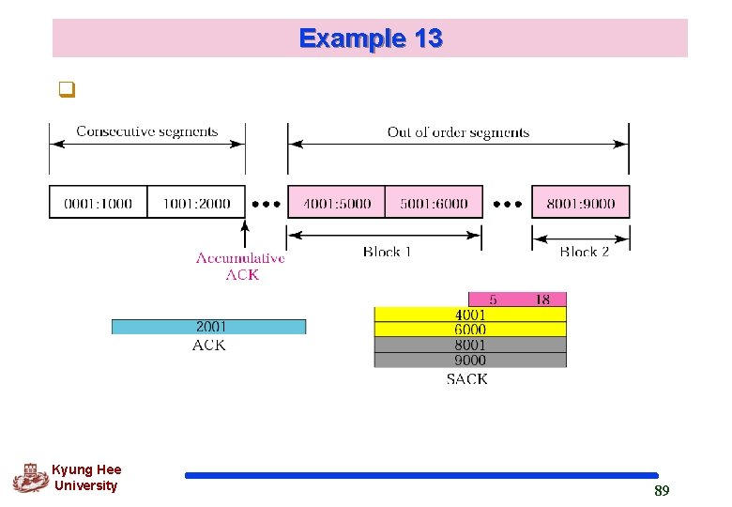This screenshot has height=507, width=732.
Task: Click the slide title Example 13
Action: point(370,38)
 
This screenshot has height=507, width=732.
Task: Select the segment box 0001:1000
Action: point(98,203)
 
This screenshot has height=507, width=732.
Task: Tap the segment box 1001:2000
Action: point(195,203)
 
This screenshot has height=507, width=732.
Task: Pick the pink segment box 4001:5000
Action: point(336,203)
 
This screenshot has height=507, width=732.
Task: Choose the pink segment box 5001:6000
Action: point(434,203)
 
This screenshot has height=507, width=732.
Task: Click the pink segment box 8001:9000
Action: point(580,203)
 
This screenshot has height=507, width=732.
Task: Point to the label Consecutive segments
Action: point(146,131)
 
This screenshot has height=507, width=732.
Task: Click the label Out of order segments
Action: point(458,132)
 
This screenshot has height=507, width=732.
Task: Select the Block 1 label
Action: point(388,252)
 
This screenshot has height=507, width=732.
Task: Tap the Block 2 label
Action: point(584,252)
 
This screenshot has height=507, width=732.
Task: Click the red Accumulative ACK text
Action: point(240,266)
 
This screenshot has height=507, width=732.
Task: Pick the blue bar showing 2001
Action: point(208,327)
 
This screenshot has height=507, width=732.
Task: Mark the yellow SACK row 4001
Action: point(470,315)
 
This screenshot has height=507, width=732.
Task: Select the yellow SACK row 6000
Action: point(470,330)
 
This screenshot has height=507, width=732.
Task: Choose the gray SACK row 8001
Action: point(470,345)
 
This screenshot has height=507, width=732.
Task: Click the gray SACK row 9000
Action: point(470,360)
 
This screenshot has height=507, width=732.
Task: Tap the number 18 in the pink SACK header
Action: point(542,300)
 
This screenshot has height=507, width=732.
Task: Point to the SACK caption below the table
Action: point(467,379)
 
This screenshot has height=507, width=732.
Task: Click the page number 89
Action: point(662,491)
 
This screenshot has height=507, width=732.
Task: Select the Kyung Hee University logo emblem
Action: point(30,478)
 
